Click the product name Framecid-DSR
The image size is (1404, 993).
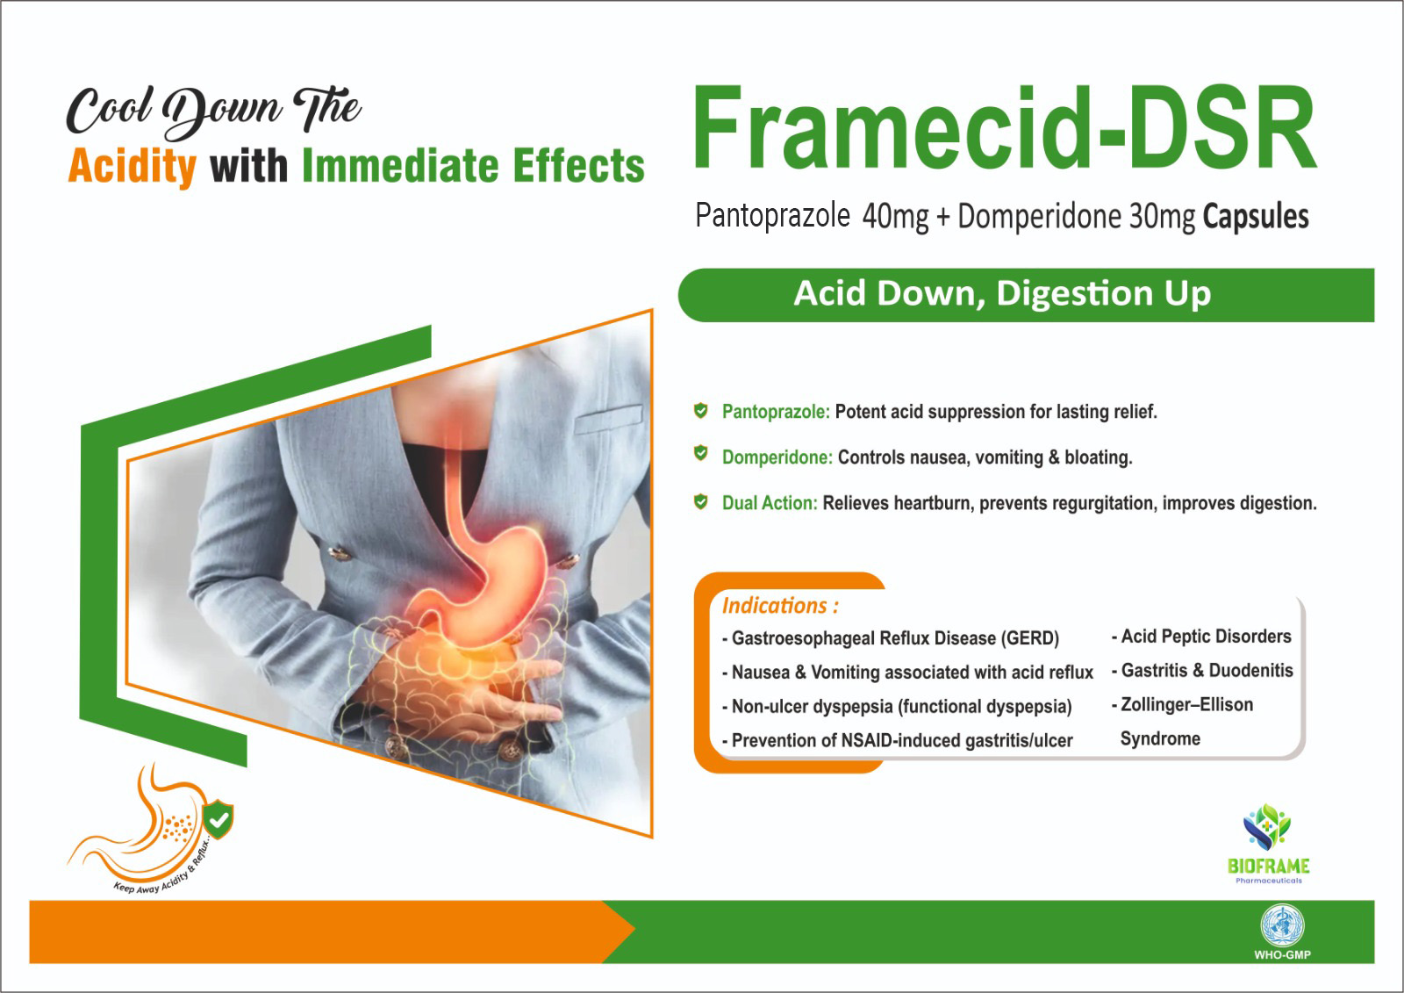pyautogui.click(x=1004, y=128)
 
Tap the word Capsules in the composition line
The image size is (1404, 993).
pyautogui.click(x=1255, y=216)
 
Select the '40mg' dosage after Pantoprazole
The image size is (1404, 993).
pyautogui.click(x=895, y=216)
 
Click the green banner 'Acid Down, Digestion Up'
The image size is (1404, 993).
pyautogui.click(x=1002, y=294)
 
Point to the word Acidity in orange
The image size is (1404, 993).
pyautogui.click(x=132, y=166)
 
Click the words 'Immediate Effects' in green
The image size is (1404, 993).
pyautogui.click(x=472, y=166)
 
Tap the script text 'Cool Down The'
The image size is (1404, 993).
pyautogui.click(x=213, y=111)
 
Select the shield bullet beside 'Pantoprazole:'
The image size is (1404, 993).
pyautogui.click(x=700, y=410)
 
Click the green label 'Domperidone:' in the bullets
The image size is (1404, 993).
pyautogui.click(x=777, y=457)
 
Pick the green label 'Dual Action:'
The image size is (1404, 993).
pyautogui.click(x=769, y=503)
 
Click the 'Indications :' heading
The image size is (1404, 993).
pyautogui.click(x=779, y=606)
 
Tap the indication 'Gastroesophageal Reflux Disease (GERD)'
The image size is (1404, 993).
pyautogui.click(x=895, y=638)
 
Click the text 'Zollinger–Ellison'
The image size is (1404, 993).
pyautogui.click(x=1186, y=705)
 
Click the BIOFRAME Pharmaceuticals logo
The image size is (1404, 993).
pyautogui.click(x=1268, y=843)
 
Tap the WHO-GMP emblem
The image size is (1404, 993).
pyautogui.click(x=1282, y=931)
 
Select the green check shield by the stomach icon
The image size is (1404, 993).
pyautogui.click(x=218, y=820)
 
